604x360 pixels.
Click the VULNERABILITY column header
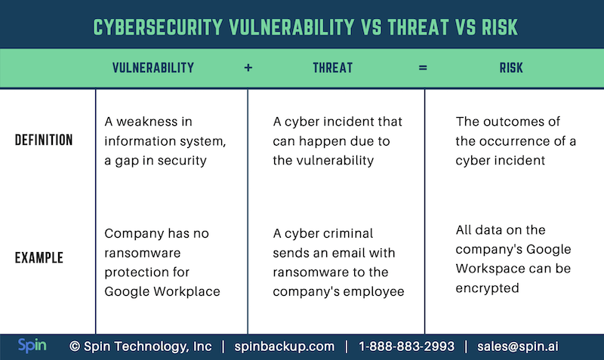(x=153, y=68)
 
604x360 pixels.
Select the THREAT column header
(x=332, y=68)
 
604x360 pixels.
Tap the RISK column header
(x=511, y=68)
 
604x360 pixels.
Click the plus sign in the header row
(x=248, y=68)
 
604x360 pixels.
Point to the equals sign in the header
(x=423, y=68)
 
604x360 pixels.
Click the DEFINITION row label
(x=44, y=140)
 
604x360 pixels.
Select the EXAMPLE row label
(x=39, y=257)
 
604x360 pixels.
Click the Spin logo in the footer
(x=32, y=346)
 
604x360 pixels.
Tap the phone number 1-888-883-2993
(x=406, y=346)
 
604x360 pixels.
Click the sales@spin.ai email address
(x=517, y=346)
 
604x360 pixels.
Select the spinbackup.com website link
(x=285, y=347)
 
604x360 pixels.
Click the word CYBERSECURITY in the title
(x=158, y=27)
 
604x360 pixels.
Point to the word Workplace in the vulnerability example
(x=186, y=291)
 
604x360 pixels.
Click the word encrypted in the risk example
(x=487, y=288)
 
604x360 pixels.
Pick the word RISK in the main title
(x=499, y=27)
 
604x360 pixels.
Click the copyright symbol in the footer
(x=75, y=346)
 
